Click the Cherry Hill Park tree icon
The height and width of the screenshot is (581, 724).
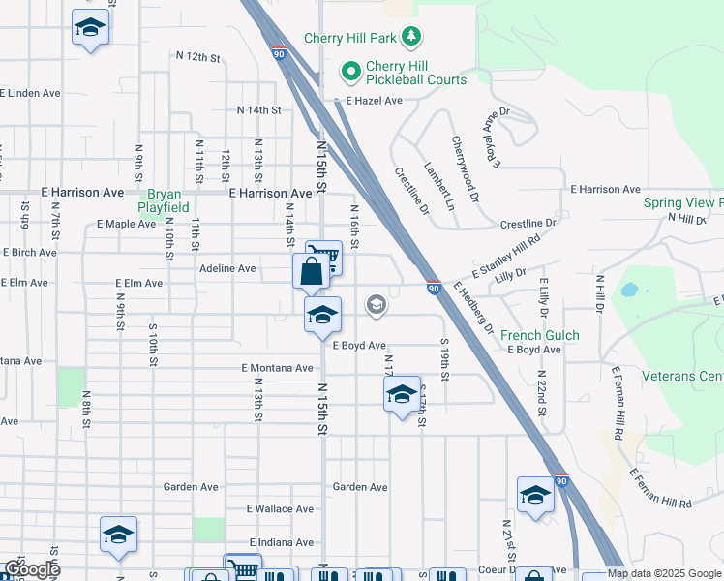(x=412, y=37)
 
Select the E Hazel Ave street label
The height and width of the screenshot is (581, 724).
(x=367, y=101)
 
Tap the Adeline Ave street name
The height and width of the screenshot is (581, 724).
(x=226, y=268)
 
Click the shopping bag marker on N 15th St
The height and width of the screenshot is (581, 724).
(x=311, y=270)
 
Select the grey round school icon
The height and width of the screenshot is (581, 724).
(x=376, y=306)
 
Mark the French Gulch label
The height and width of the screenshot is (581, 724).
(x=539, y=336)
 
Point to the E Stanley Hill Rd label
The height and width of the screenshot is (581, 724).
(x=505, y=258)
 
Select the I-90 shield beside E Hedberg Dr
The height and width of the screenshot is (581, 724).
(x=434, y=288)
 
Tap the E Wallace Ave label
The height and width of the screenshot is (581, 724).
(x=280, y=508)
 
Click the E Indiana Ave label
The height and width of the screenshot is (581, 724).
(x=282, y=541)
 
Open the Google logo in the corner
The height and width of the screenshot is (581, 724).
(x=32, y=569)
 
